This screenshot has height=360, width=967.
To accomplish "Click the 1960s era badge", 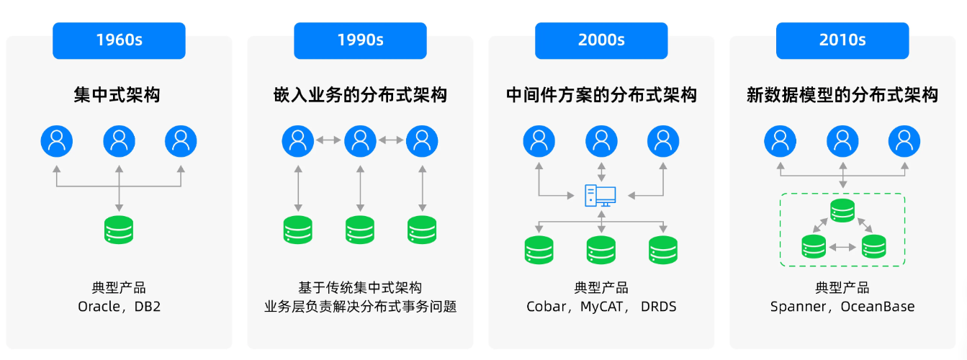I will pyautogui.click(x=119, y=40).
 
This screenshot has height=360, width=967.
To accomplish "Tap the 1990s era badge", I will pyautogui.click(x=360, y=40).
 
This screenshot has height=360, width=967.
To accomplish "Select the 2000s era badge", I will pyautogui.click(x=601, y=40).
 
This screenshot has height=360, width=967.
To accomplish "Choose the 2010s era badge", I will pyautogui.click(x=842, y=40).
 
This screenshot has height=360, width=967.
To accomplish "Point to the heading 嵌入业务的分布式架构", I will pyautogui.click(x=360, y=95).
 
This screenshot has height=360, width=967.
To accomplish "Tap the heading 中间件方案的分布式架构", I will pyautogui.click(x=601, y=95).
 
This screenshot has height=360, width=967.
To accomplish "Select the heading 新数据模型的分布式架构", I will pyautogui.click(x=842, y=95).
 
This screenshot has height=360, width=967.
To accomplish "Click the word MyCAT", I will pyautogui.click(x=602, y=307).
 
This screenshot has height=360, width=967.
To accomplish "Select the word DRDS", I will pyautogui.click(x=658, y=307).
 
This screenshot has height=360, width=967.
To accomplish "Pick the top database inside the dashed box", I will pyautogui.click(x=842, y=211).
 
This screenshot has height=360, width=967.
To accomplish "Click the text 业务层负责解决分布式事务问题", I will pyautogui.click(x=360, y=307).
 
